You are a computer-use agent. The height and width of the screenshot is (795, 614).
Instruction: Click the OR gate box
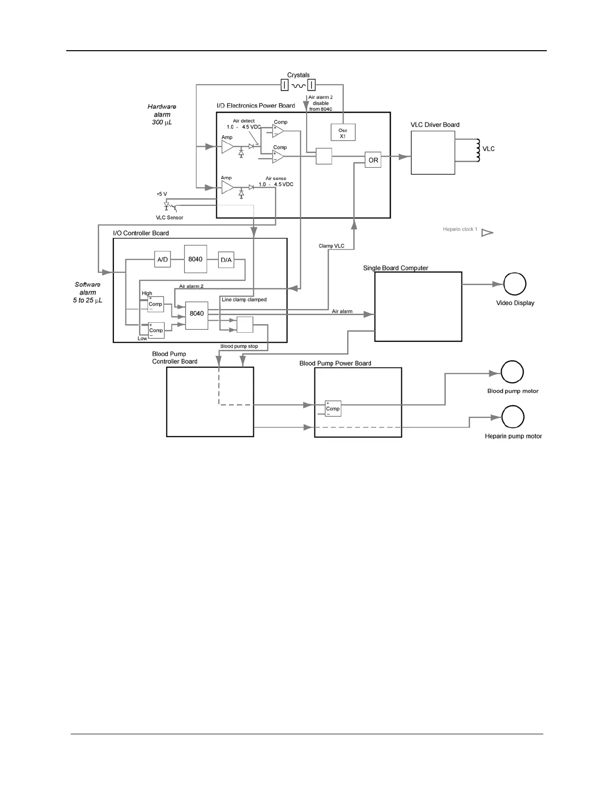(x=373, y=160)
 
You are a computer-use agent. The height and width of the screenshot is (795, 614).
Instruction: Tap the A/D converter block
(x=163, y=259)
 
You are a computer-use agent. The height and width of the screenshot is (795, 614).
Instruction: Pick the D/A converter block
(x=226, y=259)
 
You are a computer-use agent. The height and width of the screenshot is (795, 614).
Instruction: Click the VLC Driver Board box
(x=433, y=153)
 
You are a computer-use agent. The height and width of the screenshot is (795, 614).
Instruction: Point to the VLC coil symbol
(x=478, y=150)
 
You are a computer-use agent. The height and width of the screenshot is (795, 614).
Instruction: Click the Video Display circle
(x=515, y=284)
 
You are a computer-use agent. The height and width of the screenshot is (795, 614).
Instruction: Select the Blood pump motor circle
(x=512, y=372)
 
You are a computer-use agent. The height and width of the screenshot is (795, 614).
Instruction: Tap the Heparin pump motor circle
(x=513, y=417)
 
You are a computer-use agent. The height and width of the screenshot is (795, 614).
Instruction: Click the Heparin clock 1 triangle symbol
(x=487, y=233)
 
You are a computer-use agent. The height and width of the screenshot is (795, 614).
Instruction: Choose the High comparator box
(x=156, y=304)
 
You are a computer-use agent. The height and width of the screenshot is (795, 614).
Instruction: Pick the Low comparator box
(x=156, y=330)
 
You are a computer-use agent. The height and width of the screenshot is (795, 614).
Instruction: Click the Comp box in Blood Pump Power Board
(x=333, y=409)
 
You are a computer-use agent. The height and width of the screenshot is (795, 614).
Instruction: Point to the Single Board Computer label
(x=395, y=268)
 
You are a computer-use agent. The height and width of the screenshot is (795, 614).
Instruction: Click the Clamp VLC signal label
(x=332, y=246)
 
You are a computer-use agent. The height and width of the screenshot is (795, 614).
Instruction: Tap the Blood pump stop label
(x=239, y=346)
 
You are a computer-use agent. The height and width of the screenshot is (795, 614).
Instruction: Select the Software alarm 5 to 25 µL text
(x=88, y=292)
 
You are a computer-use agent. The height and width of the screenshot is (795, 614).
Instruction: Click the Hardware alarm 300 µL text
(x=162, y=114)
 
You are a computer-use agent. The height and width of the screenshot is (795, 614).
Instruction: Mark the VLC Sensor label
(x=170, y=218)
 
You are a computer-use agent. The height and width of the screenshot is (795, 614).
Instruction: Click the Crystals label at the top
(x=298, y=75)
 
